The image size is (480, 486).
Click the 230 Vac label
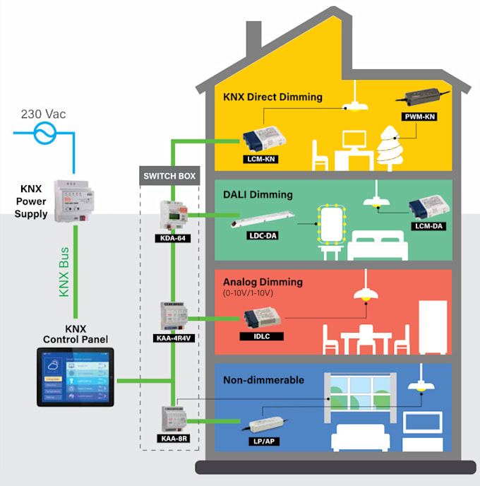(x=44, y=114)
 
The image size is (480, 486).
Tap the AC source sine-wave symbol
(x=44, y=132)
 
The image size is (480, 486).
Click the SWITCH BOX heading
(x=170, y=175)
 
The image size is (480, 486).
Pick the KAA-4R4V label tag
(x=174, y=337)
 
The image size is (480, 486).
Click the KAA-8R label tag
(x=174, y=438)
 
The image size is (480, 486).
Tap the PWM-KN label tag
(x=419, y=115)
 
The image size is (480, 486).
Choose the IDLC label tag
(x=263, y=336)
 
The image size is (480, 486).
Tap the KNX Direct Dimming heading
(x=272, y=97)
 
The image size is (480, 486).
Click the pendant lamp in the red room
(x=366, y=290)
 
